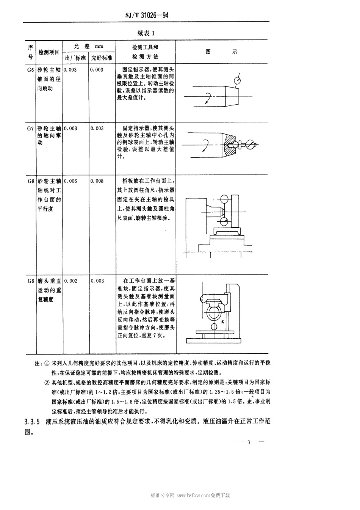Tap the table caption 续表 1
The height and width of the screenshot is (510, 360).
[146, 33]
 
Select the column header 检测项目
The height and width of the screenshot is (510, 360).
[49, 52]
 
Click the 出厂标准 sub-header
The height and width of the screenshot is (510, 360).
[75, 58]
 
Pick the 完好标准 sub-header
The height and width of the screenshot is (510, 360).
[102, 58]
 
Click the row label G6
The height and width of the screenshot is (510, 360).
[30, 70]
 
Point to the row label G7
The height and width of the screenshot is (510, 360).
[30, 129]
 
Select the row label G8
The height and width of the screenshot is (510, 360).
[30, 181]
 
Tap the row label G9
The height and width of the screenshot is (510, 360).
[30, 281]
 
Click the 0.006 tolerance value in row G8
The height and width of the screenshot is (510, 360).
[70, 181]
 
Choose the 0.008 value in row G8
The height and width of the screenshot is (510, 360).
[97, 181]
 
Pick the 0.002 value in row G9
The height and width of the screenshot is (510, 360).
[70, 281]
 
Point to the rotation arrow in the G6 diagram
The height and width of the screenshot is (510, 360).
[207, 99]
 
